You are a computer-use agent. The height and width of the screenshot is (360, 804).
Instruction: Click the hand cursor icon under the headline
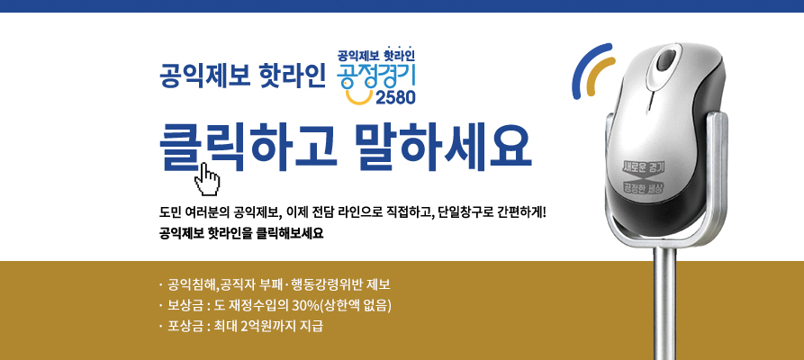pos(208,179)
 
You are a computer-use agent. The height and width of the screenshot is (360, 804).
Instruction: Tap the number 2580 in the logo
pos(395,97)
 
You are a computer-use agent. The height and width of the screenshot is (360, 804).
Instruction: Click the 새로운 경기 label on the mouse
pos(643,167)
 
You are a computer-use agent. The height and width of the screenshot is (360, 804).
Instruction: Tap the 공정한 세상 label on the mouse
pos(643,187)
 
